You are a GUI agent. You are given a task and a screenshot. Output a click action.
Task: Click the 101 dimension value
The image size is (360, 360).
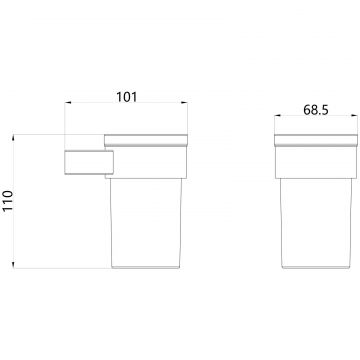pyautogui.click(x=126, y=97)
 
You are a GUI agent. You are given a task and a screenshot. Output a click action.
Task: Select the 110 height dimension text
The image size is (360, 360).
pyautogui.click(x=8, y=200)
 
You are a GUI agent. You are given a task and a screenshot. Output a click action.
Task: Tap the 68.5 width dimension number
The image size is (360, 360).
pyautogui.click(x=316, y=110)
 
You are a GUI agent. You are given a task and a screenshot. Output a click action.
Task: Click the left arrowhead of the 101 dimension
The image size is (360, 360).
pyautogui.click(x=68, y=102)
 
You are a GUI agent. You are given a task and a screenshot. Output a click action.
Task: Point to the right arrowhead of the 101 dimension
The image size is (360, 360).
pyautogui.click(x=184, y=102)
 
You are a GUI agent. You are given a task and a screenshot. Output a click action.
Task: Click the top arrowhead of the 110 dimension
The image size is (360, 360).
pyautogui.click(x=13, y=138)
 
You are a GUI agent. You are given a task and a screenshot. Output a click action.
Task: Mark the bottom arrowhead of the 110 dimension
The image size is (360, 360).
pyautogui.click(x=13, y=265)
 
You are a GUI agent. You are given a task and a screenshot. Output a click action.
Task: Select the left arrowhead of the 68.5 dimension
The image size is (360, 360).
pyautogui.click(x=278, y=116)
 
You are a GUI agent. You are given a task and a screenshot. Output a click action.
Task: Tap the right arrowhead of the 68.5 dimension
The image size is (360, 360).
pyautogui.click(x=354, y=116)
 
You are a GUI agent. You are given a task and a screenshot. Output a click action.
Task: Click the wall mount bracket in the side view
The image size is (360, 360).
pyautogui.click(x=89, y=162)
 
